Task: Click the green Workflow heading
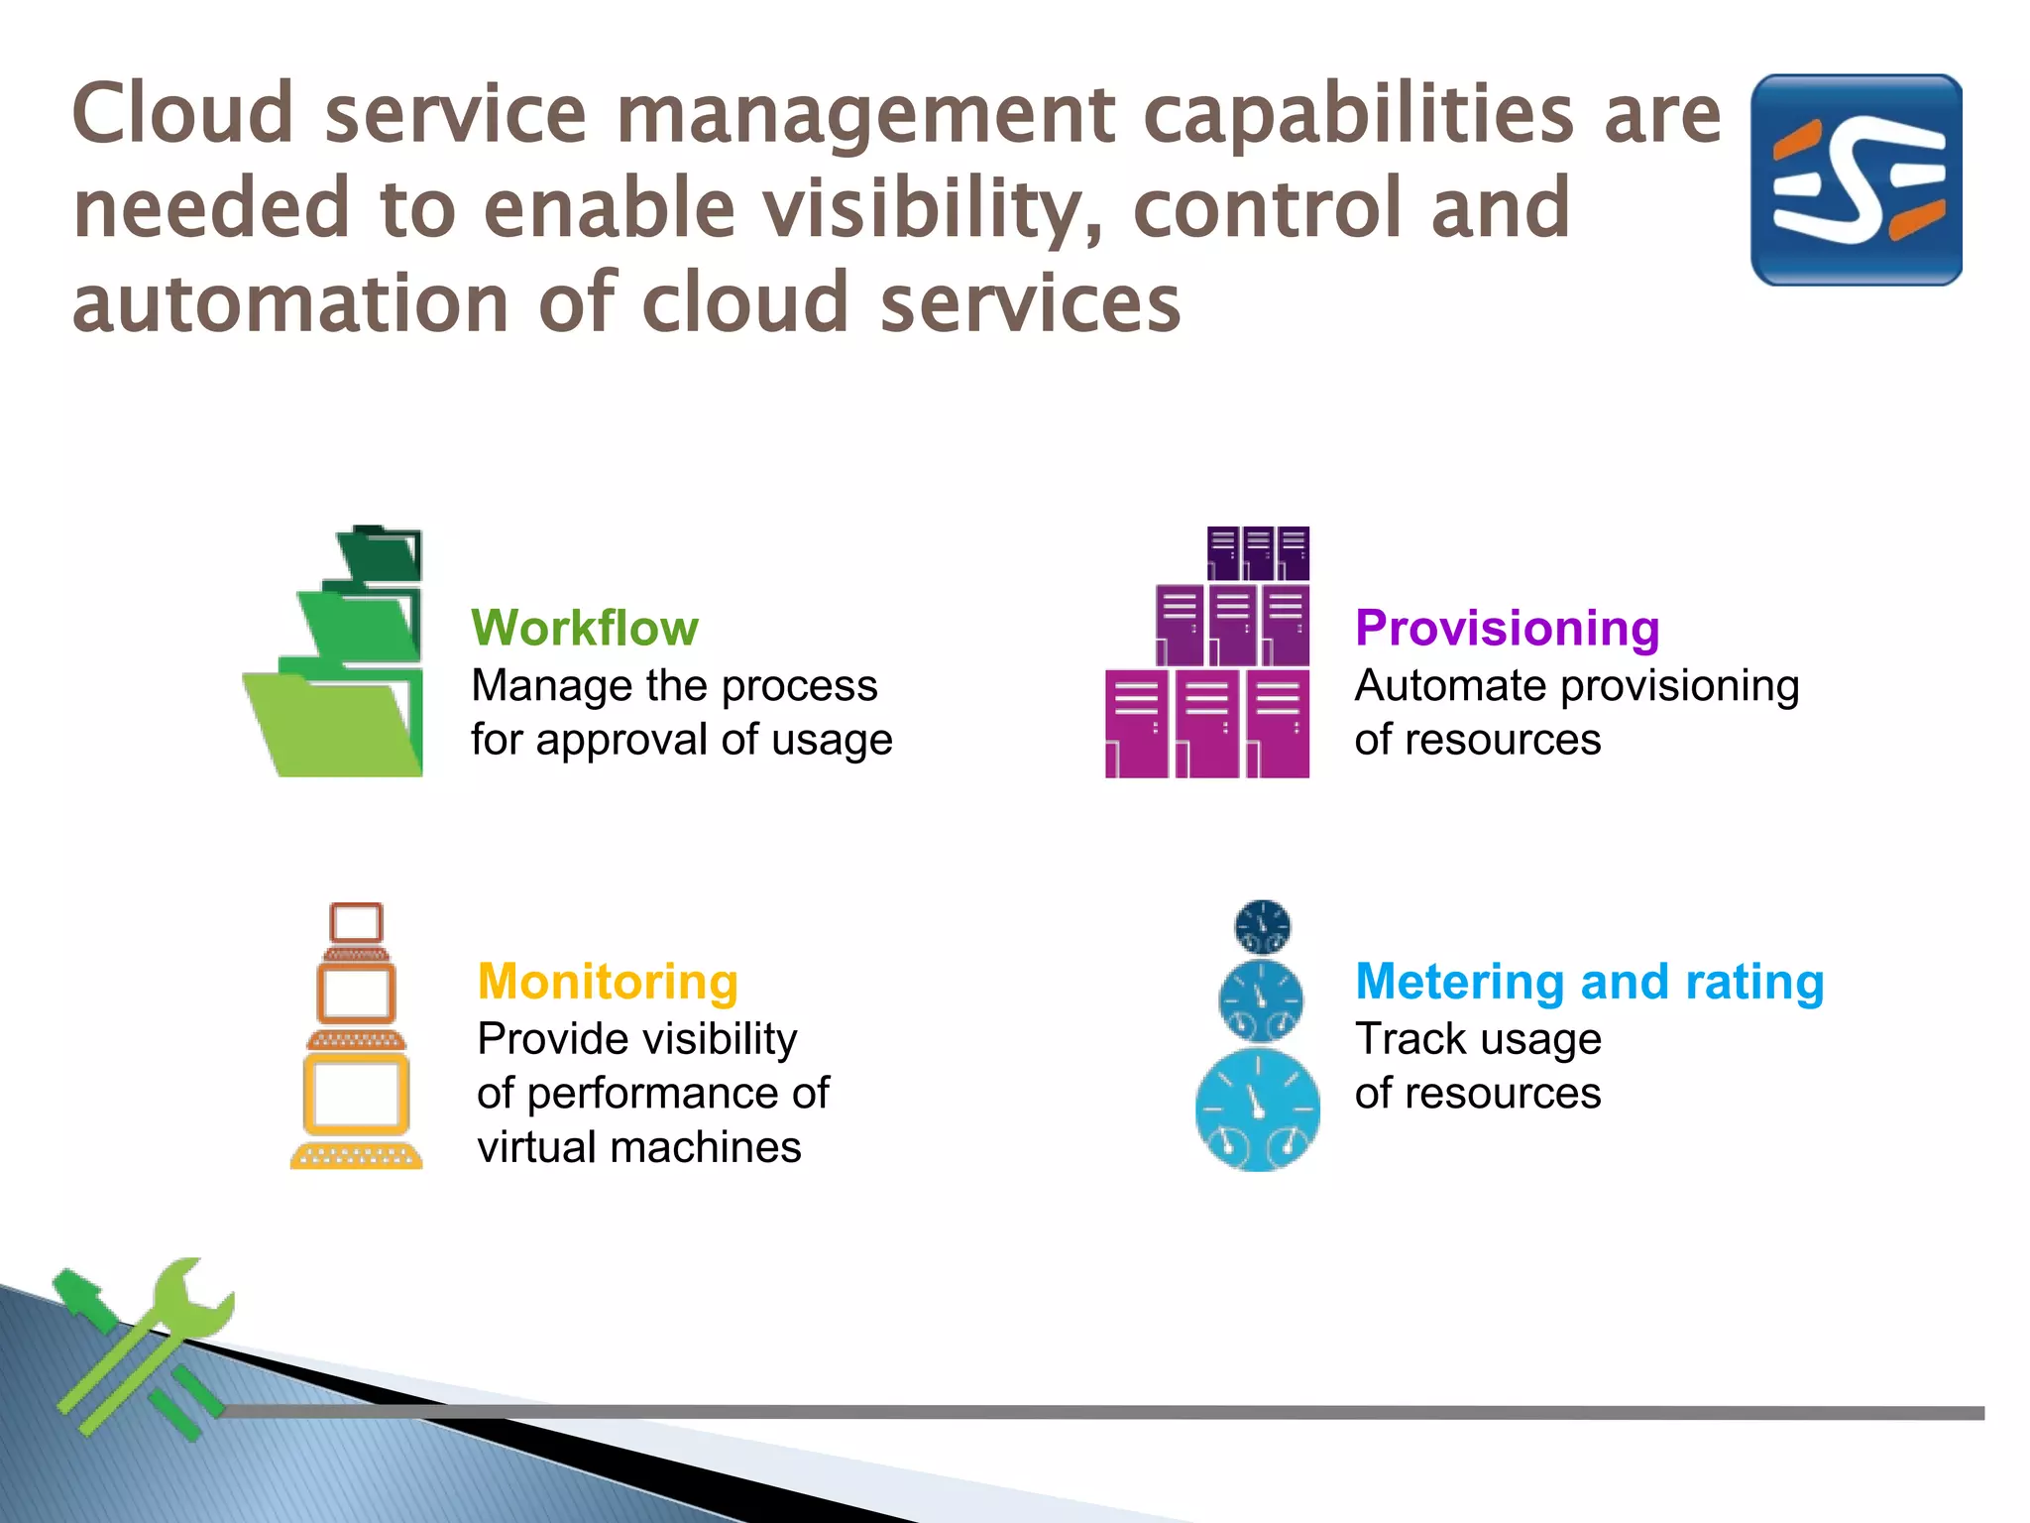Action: tap(584, 629)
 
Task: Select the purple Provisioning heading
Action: tap(1507, 629)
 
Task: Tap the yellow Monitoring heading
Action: tap(608, 982)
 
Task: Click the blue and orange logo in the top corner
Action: tap(1856, 180)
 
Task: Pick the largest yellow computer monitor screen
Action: tap(356, 1096)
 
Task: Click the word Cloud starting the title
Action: tap(182, 114)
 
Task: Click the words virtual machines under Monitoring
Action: tap(638, 1147)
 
